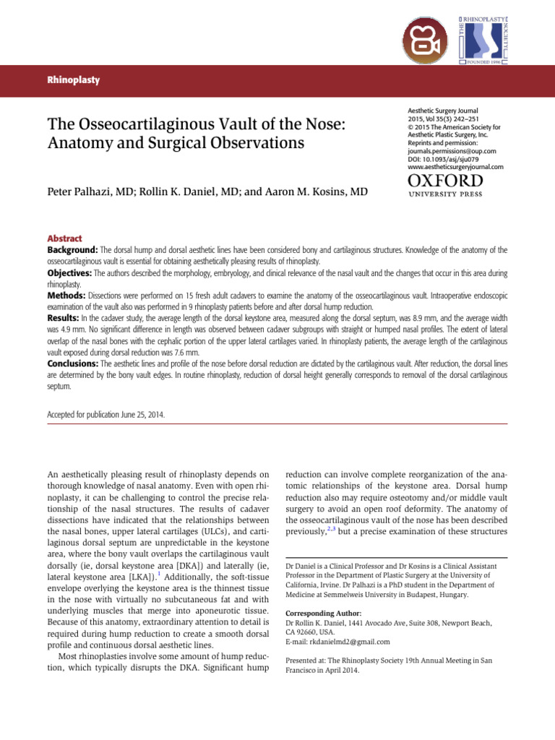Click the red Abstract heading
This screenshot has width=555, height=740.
click(64, 238)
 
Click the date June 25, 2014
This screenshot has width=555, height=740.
click(147, 416)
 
